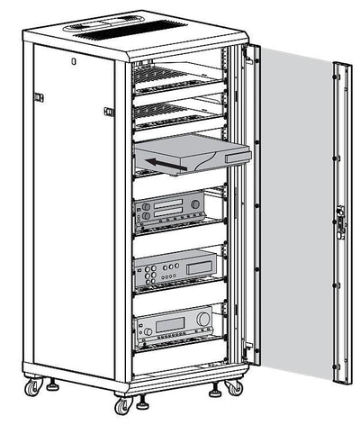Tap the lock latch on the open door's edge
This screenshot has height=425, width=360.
point(339,218)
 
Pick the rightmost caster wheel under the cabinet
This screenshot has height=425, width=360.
point(233,387)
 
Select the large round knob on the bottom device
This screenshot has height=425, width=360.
point(203,318)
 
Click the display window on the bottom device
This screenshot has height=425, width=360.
point(171,320)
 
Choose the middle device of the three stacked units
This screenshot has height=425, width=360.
point(175,268)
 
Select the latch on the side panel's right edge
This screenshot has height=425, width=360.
point(109,112)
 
